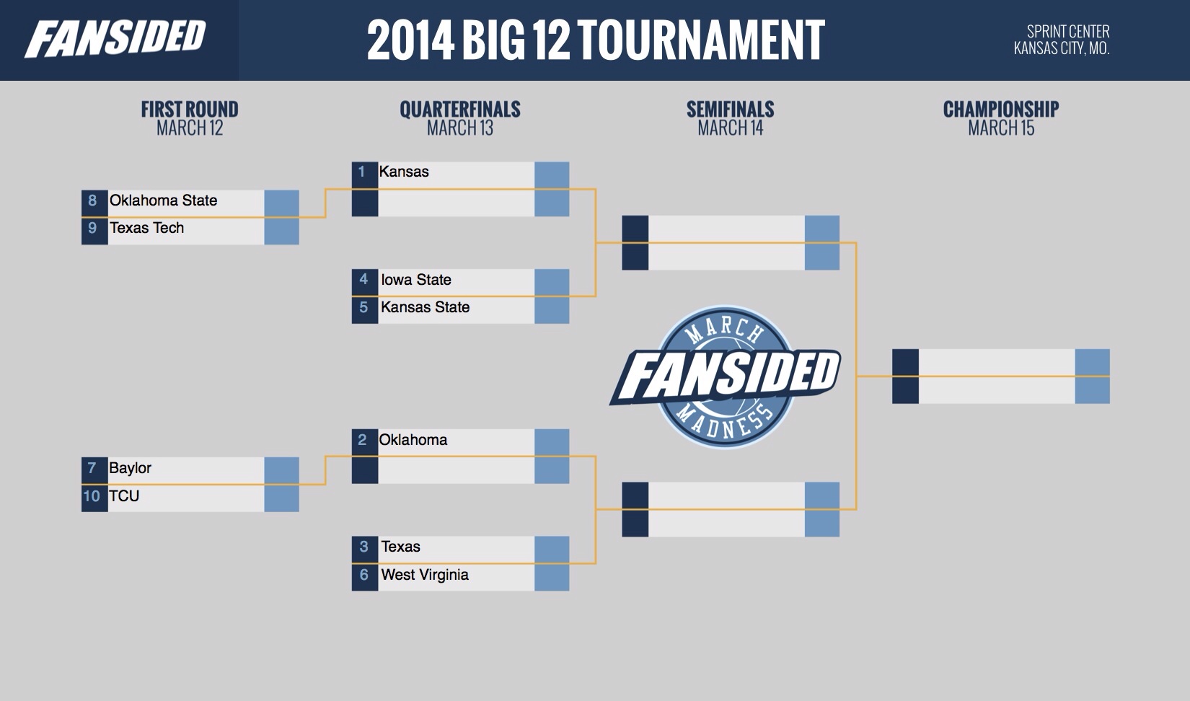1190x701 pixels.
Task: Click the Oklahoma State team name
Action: pos(163,200)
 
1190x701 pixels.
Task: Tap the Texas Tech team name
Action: pos(146,228)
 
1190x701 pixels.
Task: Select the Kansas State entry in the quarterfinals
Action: pos(425,307)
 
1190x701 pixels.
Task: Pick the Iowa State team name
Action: pos(416,279)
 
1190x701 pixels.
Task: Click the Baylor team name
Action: pos(130,468)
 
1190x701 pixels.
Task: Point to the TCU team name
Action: pos(124,496)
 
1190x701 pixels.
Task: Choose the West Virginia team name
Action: pos(425,575)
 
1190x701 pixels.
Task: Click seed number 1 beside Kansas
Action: pos(362,172)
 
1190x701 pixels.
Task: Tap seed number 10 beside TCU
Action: pos(92,496)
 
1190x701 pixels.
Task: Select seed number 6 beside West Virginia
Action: pos(364,575)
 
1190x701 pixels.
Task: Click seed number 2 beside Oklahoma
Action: pos(362,440)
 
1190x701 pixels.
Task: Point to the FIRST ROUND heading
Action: pos(190,110)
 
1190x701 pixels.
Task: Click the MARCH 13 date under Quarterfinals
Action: pos(460,128)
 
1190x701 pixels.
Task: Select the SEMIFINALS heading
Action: pos(731,110)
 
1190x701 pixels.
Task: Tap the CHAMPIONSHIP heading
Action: pos(1001,110)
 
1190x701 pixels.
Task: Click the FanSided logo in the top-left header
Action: pos(115,39)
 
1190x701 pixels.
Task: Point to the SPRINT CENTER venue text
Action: pos(1068,31)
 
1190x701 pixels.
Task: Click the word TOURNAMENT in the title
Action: pos(701,40)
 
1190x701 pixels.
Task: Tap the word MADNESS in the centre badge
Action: pos(726,420)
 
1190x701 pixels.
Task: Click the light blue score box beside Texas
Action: pos(552,549)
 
